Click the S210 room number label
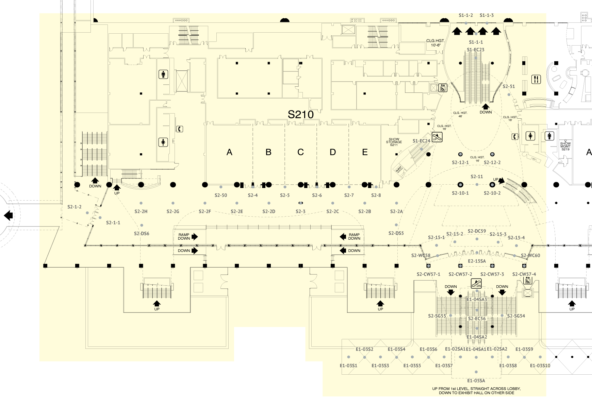point(300,115)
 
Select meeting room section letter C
point(300,152)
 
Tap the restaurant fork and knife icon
point(536,80)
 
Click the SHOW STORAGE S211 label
point(394,142)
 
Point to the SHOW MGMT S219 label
point(565,146)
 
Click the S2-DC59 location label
point(477,231)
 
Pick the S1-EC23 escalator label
point(476,50)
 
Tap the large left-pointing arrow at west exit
point(8,215)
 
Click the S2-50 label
point(221,195)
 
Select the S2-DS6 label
point(142,234)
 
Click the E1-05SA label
point(476,381)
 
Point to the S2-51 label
point(509,86)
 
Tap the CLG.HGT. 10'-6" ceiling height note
point(435,43)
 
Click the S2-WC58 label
point(421,255)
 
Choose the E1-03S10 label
point(540,365)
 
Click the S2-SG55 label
point(437,316)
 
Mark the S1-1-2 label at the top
point(466,15)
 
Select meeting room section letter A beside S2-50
point(229,152)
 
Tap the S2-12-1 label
point(460,163)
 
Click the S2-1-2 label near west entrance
point(75,207)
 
